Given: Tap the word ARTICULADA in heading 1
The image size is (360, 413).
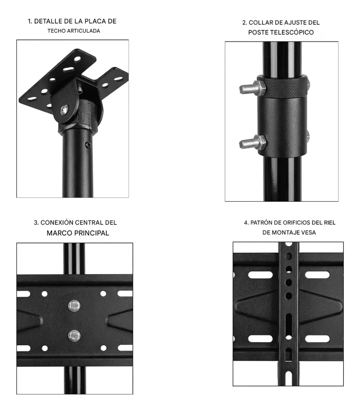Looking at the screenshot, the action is [x=84, y=31].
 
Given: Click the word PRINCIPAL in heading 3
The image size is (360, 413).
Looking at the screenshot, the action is [x=92, y=233].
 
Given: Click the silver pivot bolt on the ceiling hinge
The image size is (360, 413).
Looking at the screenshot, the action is [x=65, y=109].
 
